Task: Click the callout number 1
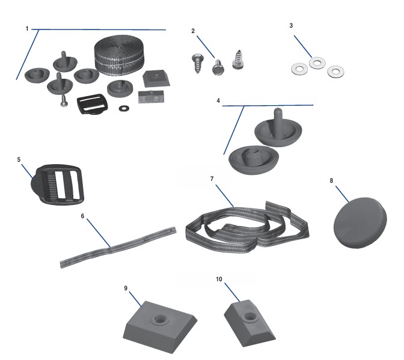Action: [27, 29]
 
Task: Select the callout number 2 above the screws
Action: [193, 31]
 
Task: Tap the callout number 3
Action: [291, 26]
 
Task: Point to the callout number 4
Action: [218, 100]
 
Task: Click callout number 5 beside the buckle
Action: [19, 160]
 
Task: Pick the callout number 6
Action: [82, 215]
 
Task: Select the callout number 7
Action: [212, 179]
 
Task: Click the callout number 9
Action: [126, 288]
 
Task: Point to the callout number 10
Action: [219, 279]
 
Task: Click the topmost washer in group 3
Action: [316, 62]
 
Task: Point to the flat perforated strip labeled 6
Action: [120, 246]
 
